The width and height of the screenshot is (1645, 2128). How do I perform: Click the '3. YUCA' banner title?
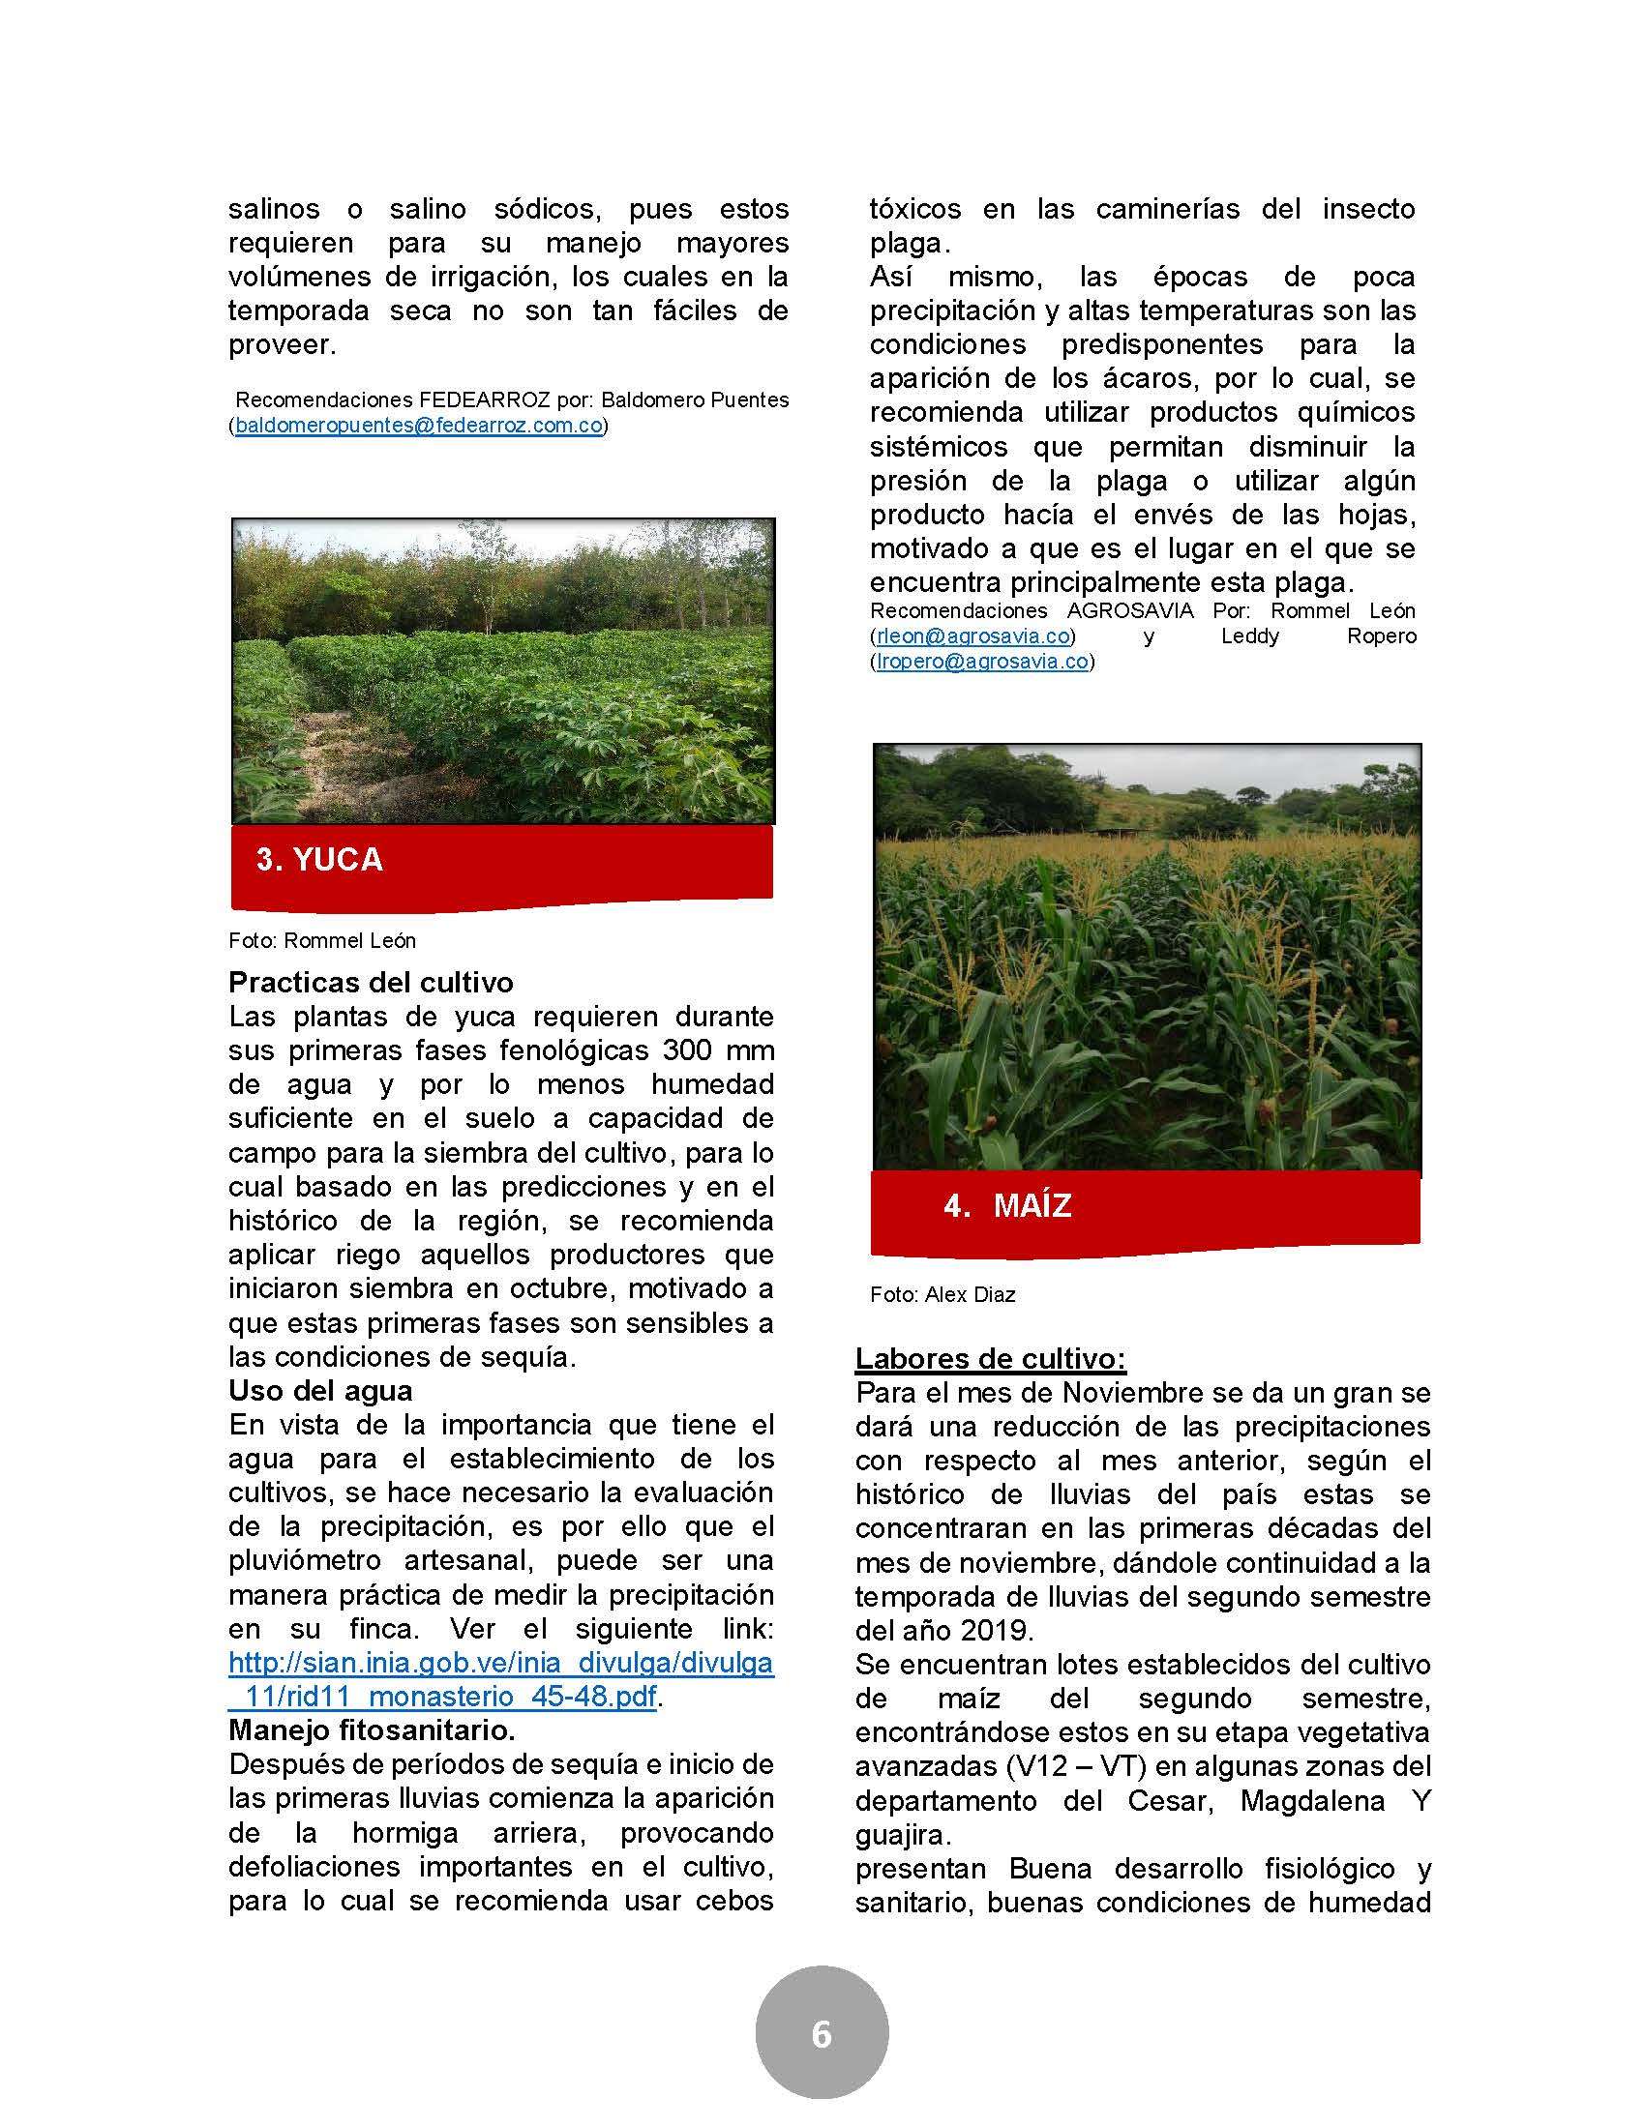(319, 859)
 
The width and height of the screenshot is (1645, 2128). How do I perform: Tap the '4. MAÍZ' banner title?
(1007, 1205)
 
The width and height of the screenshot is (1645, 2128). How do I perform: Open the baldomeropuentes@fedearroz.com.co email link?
(419, 426)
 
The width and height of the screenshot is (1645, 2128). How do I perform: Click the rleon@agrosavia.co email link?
(972, 636)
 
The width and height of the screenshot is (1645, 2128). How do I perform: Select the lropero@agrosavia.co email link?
(981, 662)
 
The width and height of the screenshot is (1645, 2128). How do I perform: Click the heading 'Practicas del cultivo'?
(371, 981)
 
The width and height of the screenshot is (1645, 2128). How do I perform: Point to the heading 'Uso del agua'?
(320, 1390)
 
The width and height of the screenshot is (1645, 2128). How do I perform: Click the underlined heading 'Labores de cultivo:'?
(990, 1358)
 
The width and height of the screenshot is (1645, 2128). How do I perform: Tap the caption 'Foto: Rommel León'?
(322, 940)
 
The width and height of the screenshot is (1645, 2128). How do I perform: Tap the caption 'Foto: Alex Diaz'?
(942, 1295)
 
